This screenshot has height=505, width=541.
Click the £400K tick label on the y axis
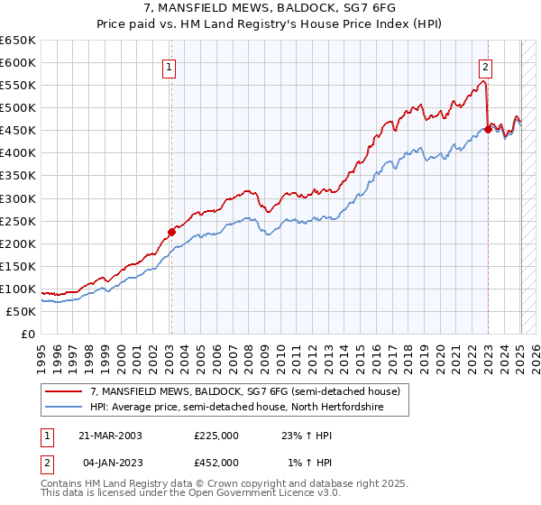click(x=17, y=153)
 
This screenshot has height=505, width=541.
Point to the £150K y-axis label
click(x=17, y=266)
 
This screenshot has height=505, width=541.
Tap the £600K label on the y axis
click(x=17, y=62)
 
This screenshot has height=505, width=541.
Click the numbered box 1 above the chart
click(x=170, y=66)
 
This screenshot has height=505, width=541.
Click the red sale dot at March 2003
click(x=171, y=232)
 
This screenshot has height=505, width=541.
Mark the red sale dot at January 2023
click(x=488, y=129)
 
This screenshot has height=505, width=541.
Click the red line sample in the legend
click(x=63, y=390)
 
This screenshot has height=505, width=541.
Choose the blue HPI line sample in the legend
click(x=63, y=407)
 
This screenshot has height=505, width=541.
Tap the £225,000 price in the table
click(x=215, y=436)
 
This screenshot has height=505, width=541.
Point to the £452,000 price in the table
click(x=215, y=462)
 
